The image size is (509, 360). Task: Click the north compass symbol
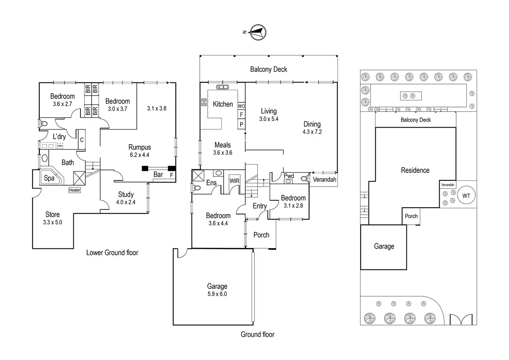click(x=258, y=32)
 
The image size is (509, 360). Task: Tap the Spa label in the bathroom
click(x=49, y=178)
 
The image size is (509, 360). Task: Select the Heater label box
click(x=74, y=190)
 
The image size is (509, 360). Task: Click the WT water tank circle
click(x=466, y=196)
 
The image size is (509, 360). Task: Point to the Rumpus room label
click(x=139, y=147)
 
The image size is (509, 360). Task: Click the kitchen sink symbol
click(x=223, y=87)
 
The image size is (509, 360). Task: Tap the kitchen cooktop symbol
click(x=204, y=102)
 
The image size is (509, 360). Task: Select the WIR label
click(x=234, y=181)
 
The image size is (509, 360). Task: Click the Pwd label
click(x=289, y=176)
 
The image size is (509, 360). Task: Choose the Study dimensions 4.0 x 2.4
click(x=126, y=202)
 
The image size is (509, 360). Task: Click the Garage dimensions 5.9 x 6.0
click(x=217, y=294)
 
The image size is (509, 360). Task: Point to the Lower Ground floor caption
click(x=112, y=253)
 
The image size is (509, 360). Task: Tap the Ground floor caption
click(x=258, y=334)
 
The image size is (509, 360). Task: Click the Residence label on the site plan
click(x=415, y=170)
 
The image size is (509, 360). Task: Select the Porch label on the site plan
click(x=411, y=216)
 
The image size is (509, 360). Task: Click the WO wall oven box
click(x=241, y=106)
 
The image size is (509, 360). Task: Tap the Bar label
click(x=158, y=175)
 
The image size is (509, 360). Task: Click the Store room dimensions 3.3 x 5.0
click(x=53, y=222)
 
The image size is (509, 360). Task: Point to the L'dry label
click(x=59, y=137)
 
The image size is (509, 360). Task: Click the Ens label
click(x=211, y=183)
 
